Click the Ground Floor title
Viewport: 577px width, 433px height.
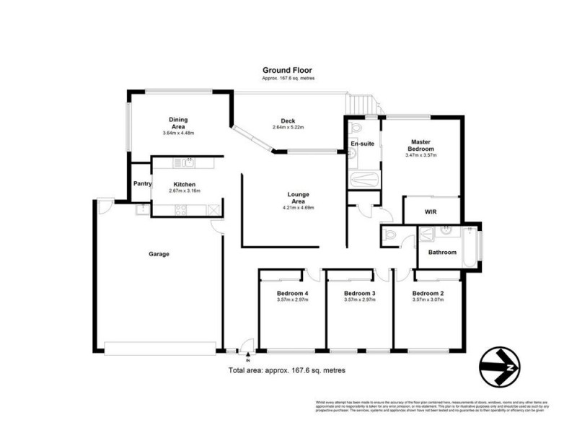(288, 71)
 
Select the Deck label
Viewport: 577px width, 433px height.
(288, 121)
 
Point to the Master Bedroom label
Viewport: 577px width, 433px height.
(422, 145)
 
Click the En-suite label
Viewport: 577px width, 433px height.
(362, 144)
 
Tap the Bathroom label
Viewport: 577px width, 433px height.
(442, 252)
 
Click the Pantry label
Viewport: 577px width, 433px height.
(142, 184)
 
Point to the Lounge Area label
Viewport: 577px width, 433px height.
(298, 198)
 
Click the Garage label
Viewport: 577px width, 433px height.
(159, 253)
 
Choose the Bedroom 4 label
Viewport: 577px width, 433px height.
(292, 294)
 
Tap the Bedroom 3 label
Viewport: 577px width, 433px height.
(359, 294)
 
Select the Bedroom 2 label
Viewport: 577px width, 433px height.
(427, 294)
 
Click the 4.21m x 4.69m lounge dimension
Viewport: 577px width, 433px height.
(298, 208)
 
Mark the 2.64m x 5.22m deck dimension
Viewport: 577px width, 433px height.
(288, 128)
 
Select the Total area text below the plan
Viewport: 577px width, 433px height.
(287, 370)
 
